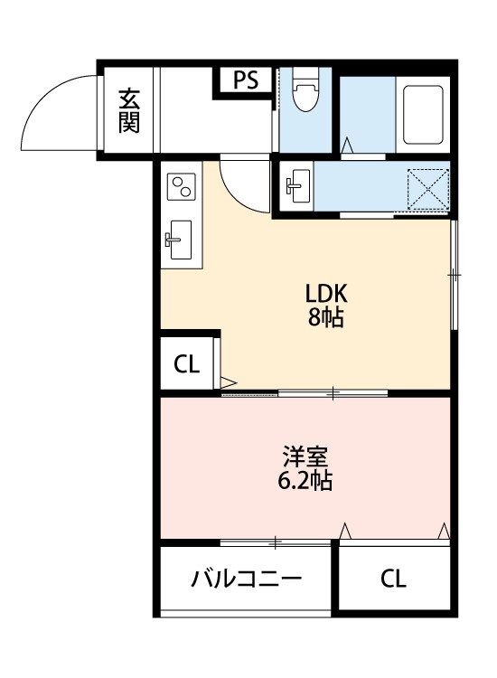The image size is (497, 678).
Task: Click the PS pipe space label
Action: point(246,80)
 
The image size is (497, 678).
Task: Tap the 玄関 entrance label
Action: point(129,110)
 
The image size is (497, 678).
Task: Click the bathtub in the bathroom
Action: point(423,115)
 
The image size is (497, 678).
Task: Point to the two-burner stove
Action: point(182,186)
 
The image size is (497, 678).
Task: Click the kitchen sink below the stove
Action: point(179,240)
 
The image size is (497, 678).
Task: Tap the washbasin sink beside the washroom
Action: point(298,186)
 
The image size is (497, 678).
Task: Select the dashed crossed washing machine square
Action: point(428,190)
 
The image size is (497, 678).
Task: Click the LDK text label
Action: point(326,294)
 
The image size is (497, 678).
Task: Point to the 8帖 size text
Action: point(326,318)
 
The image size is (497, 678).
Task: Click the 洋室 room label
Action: point(305,457)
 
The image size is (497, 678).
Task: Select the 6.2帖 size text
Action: point(305,480)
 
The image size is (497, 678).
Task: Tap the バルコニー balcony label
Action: point(246,579)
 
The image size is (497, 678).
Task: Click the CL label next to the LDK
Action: point(186,364)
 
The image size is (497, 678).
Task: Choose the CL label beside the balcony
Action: point(393,579)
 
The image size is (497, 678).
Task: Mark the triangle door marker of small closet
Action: point(229,382)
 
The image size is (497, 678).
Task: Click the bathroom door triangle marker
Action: point(347,146)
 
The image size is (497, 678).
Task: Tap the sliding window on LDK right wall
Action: point(454,276)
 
